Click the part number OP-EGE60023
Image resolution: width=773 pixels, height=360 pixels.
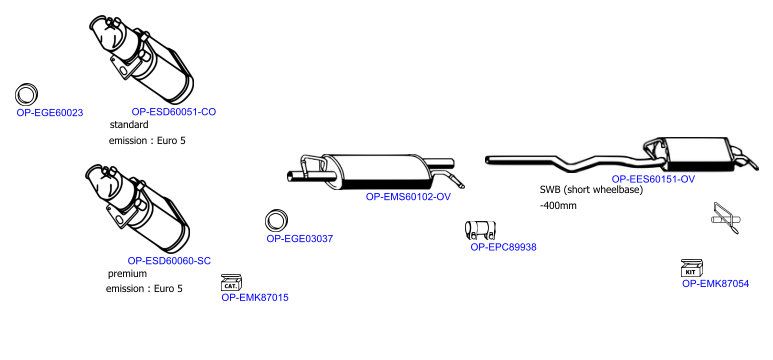coord(50,113)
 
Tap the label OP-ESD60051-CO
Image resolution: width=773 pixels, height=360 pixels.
coord(174,112)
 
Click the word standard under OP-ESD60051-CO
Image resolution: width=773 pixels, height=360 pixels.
coord(129,125)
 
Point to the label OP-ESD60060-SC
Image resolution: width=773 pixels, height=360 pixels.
coord(169,261)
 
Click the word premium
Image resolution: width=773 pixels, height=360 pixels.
coord(127,274)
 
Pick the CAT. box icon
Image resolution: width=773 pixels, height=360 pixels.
coord(231,283)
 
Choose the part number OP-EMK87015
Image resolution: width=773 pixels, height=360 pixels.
coord(255,298)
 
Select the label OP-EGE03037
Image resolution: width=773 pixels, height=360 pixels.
coord(300,239)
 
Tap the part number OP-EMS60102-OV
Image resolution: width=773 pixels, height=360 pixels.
coord(408,197)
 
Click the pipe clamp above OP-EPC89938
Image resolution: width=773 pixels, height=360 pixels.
coord(480,230)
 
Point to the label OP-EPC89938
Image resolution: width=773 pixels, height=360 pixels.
coord(503,247)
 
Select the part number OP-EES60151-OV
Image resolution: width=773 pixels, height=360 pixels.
coord(653,180)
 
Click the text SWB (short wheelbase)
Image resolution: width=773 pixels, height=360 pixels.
coord(592,190)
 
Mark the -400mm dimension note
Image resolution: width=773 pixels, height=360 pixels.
coord(558,206)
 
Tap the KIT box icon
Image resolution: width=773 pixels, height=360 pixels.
coord(692,268)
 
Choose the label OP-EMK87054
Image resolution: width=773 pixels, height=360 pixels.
coord(715,284)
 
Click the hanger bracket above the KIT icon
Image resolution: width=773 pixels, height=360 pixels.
coord(726,218)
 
